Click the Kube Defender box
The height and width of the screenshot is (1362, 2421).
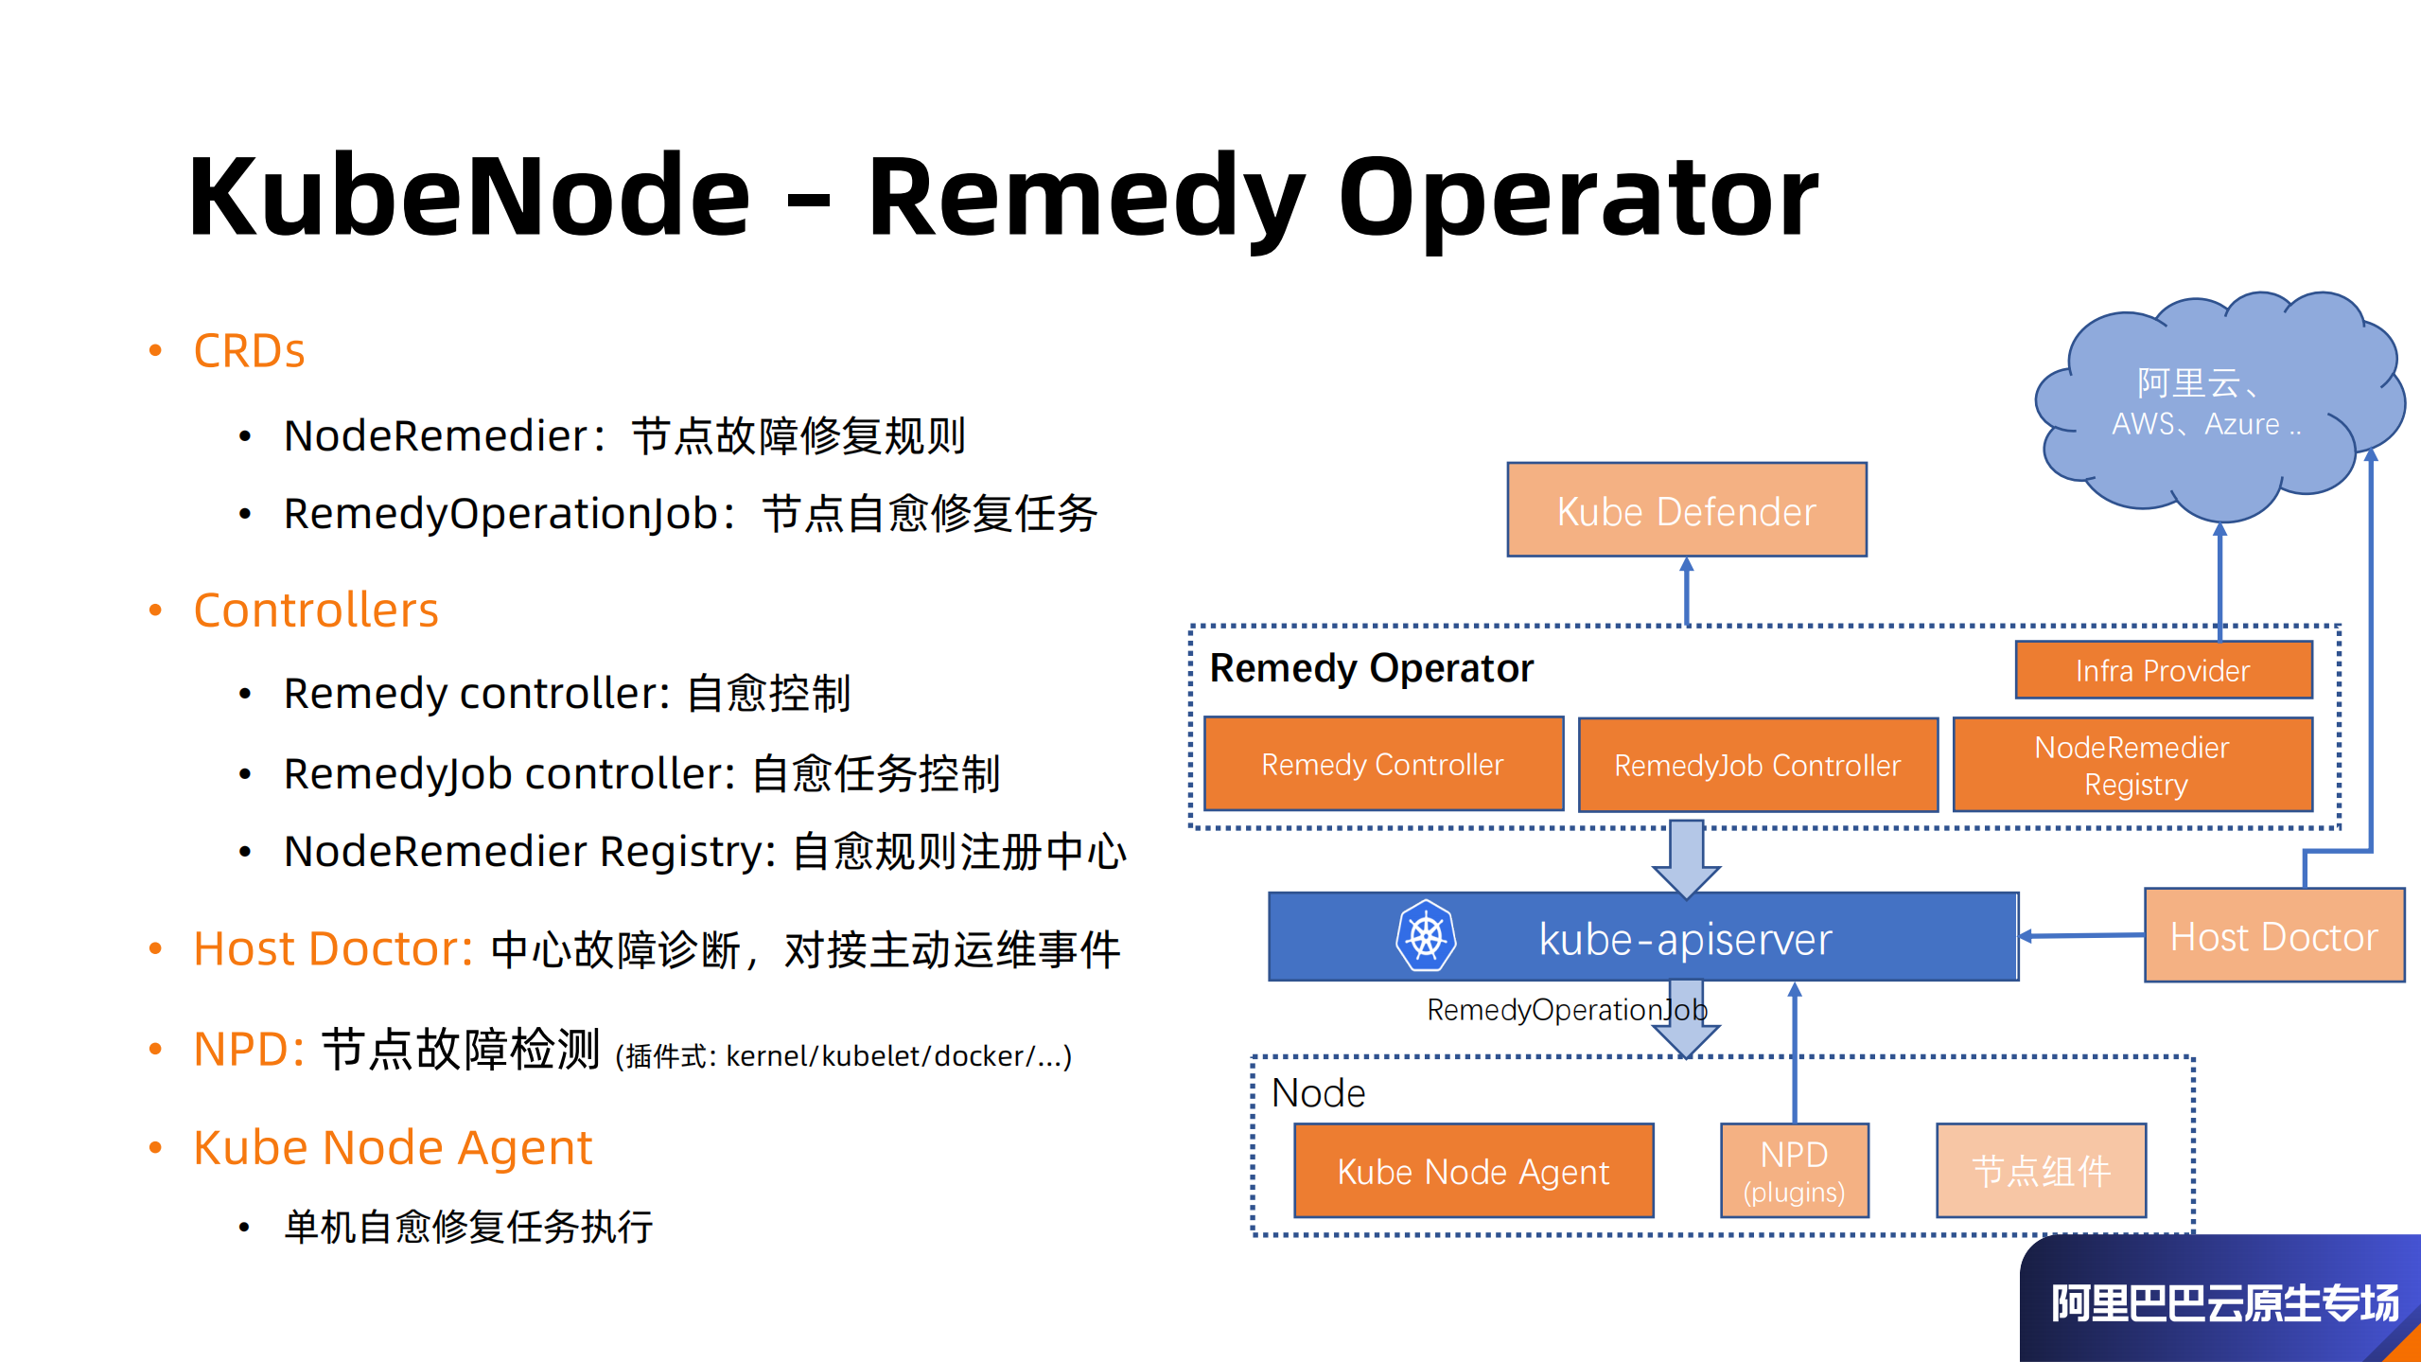1686,510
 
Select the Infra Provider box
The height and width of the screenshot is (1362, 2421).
2163,670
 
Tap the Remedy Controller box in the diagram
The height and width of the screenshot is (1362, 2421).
1382,764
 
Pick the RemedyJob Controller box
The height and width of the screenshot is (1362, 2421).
1757,765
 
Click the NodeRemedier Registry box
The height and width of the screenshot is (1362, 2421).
2132,765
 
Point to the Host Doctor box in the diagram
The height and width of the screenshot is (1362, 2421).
2273,935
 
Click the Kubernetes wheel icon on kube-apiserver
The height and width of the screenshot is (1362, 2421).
1426,936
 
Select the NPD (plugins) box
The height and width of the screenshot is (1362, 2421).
1794,1170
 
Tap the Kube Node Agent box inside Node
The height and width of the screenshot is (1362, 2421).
1473,1171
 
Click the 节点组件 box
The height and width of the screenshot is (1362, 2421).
2041,1171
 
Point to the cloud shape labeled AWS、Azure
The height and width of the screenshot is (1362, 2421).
2214,407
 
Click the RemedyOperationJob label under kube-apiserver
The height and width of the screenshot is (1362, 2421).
1567,1010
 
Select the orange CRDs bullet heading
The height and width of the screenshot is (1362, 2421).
249,351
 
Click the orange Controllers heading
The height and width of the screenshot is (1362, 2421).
316,610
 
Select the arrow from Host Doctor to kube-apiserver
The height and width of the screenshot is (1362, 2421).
2081,935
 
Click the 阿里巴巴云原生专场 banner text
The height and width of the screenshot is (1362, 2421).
2223,1303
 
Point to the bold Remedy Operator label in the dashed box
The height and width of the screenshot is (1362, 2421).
1371,668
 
